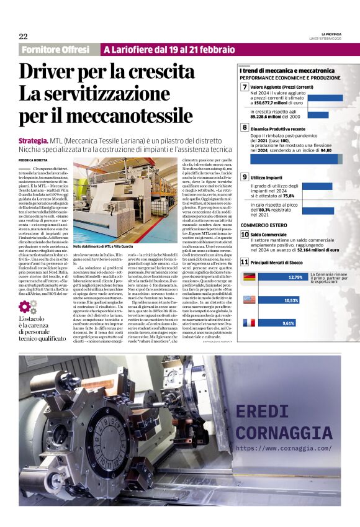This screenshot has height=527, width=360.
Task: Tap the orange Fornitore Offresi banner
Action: (55, 49)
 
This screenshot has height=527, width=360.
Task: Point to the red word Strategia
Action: (34, 142)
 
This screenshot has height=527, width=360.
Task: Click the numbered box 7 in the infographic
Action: (245, 88)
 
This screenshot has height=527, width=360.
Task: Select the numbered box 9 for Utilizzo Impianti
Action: (245, 178)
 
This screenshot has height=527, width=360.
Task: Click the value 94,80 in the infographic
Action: (331, 150)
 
